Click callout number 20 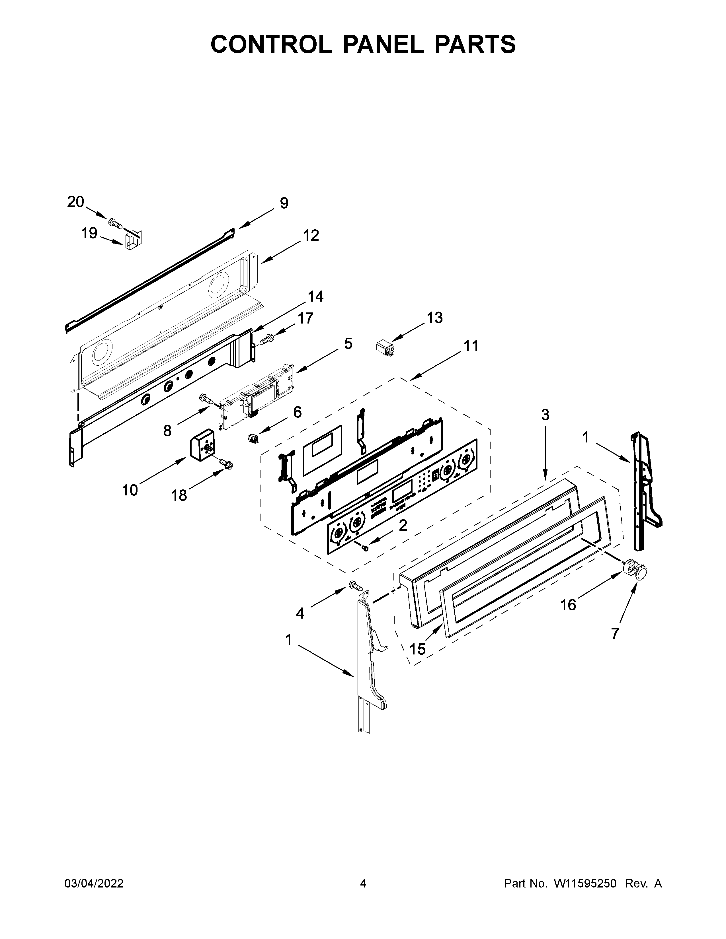pyautogui.click(x=76, y=202)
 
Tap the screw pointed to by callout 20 pyautogui.click(x=116, y=223)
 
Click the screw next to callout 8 pyautogui.click(x=207, y=399)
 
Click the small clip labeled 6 pyautogui.click(x=254, y=438)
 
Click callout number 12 pyautogui.click(x=311, y=235)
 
